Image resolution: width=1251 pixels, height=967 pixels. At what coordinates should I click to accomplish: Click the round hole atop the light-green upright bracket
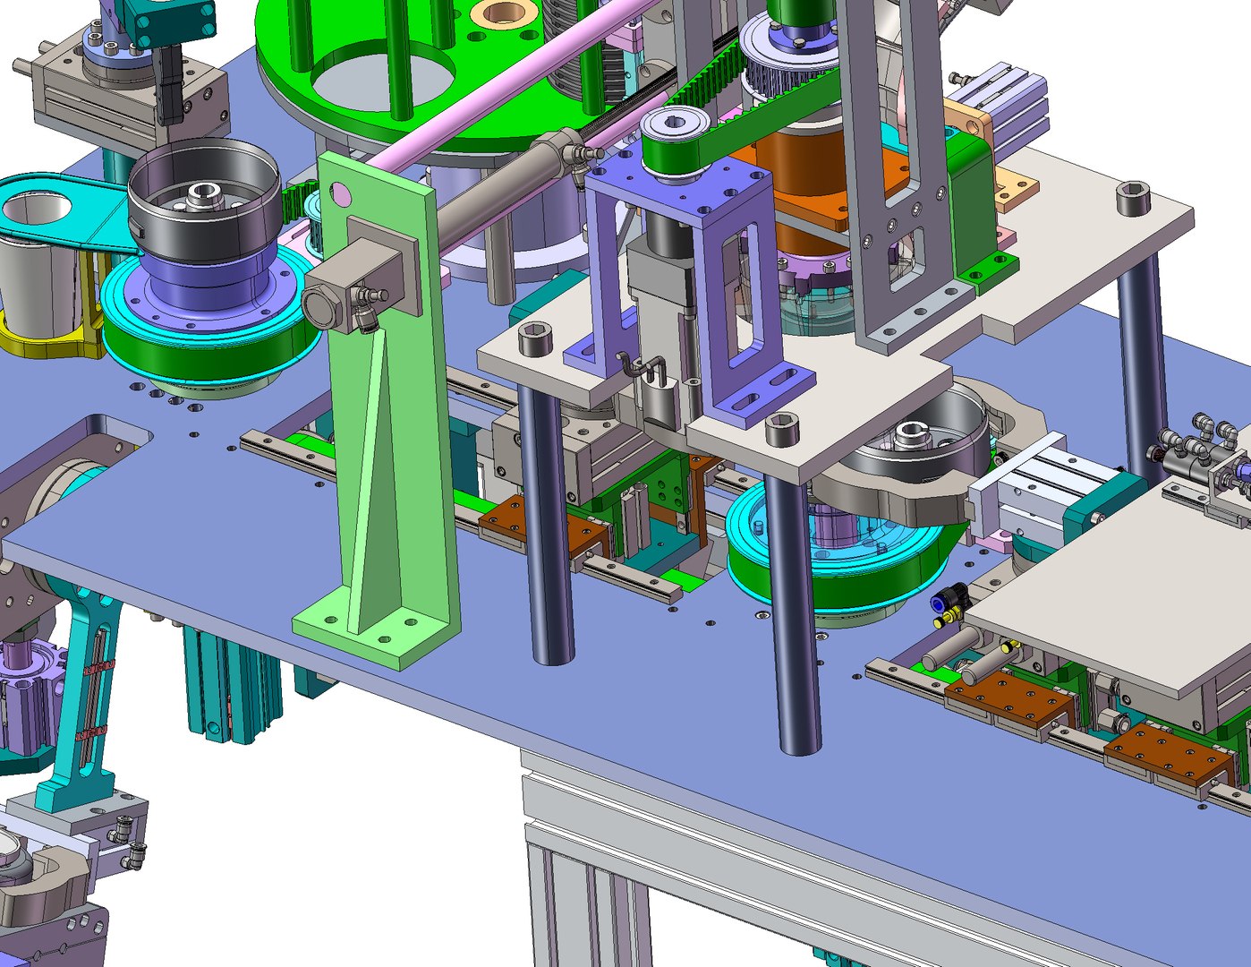click(339, 192)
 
